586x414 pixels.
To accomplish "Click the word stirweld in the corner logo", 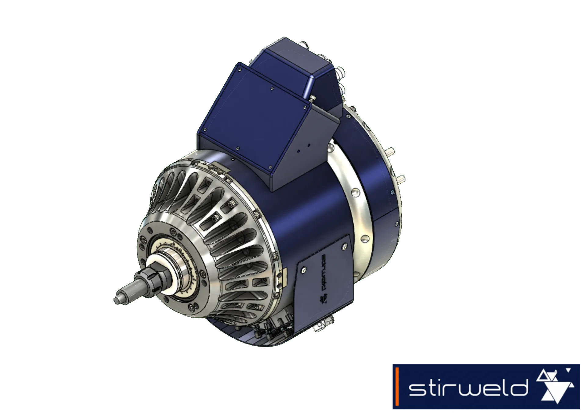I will [468, 388].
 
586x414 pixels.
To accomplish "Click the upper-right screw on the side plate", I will [345, 246].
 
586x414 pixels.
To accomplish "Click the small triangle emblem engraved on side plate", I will [323, 299].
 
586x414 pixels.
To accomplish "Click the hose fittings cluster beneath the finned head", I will [275, 328].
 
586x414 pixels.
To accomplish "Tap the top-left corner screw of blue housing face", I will [240, 70].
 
